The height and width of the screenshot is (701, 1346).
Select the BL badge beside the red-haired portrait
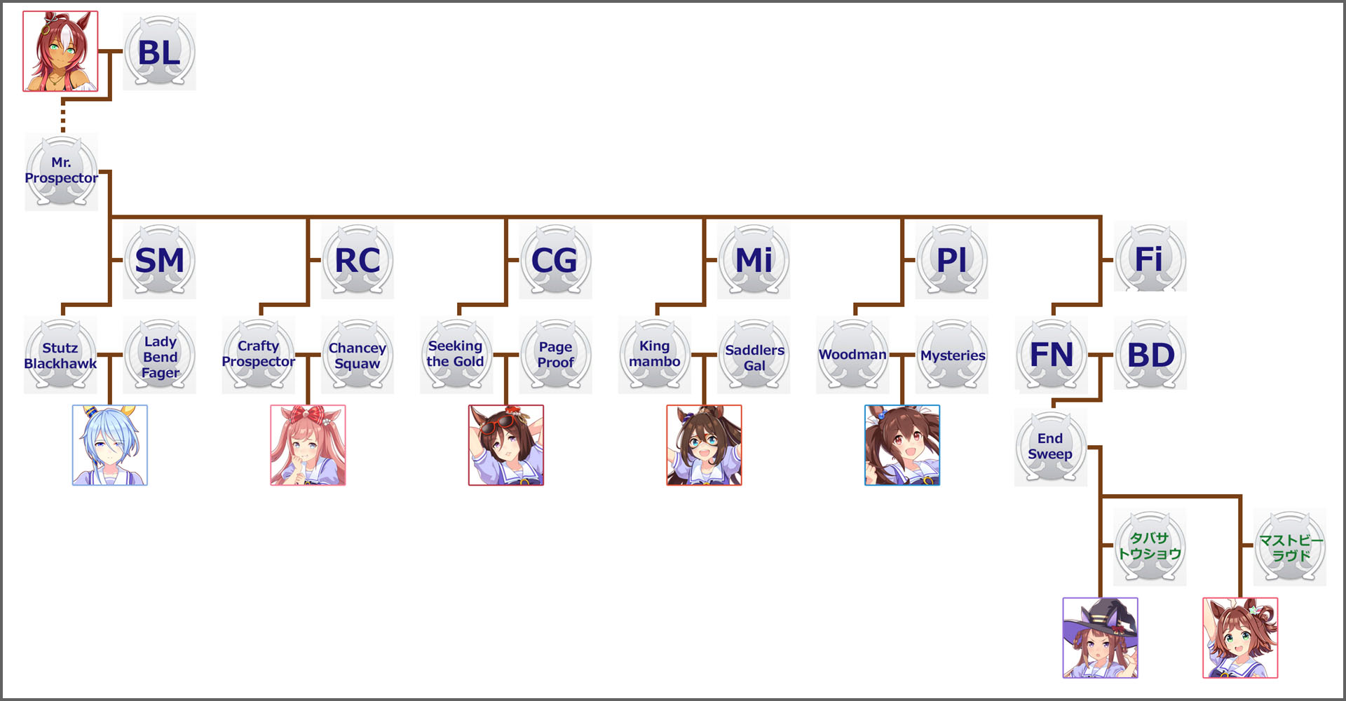coord(159,52)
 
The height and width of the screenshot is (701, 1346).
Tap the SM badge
coord(159,260)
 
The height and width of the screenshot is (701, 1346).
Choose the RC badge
coord(358,260)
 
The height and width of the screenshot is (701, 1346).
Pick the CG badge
coord(555,260)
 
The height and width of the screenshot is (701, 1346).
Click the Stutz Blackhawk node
coord(60,355)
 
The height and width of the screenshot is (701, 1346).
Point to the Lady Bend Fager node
coord(160,355)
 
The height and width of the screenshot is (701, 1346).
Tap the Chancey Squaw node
coord(358,355)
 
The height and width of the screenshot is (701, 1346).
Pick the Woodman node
coord(853,355)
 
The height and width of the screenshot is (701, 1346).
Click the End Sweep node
coord(1050,447)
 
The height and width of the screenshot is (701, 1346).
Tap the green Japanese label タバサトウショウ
coord(1150,546)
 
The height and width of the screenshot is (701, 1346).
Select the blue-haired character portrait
coord(110,445)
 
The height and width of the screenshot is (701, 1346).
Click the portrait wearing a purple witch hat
coord(1100,638)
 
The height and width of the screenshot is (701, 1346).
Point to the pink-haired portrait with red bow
coord(308,445)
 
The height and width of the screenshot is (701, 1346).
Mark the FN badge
coord(1052,355)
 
